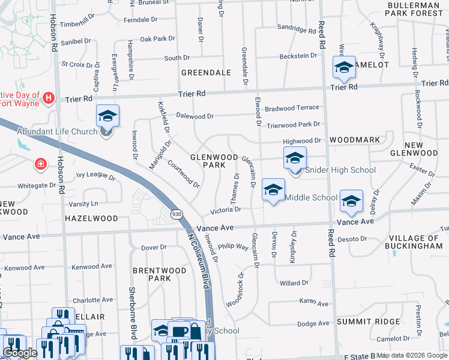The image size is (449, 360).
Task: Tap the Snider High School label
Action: tap(340, 170)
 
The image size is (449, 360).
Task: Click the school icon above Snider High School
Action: tap(295, 158)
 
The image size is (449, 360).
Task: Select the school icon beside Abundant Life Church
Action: tap(107, 116)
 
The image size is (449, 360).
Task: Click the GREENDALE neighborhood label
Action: tap(206, 73)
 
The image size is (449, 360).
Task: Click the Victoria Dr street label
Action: tap(225, 210)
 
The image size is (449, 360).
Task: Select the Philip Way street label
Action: tap(233, 247)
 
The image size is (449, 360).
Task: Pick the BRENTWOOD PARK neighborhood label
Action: tap(159, 274)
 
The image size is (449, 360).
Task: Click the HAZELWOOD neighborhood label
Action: tap(91, 218)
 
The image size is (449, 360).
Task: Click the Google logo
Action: tap(20, 353)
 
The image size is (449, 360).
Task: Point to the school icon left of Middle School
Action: tap(273, 191)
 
